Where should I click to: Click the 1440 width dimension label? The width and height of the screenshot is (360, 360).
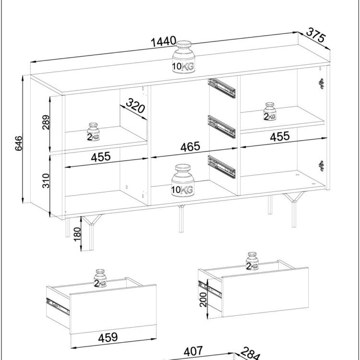click(164, 42)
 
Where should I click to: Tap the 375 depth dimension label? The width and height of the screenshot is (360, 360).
click(316, 35)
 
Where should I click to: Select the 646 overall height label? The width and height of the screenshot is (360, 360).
click(19, 143)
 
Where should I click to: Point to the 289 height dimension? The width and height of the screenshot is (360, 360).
click(46, 122)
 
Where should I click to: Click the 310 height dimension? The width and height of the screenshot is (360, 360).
click(46, 180)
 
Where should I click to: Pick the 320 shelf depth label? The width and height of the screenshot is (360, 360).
click(135, 106)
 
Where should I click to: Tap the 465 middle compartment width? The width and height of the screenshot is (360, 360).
click(190, 147)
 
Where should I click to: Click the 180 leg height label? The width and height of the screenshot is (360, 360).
click(77, 234)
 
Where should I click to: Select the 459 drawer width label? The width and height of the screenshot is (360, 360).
click(108, 337)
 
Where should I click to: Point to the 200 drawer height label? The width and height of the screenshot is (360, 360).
click(203, 300)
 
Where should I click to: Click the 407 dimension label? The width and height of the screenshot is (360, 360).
click(193, 351)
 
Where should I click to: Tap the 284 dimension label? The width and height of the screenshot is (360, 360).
click(251, 354)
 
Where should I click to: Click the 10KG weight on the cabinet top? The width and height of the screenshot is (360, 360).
click(183, 57)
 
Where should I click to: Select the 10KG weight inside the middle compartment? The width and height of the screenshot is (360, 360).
click(183, 180)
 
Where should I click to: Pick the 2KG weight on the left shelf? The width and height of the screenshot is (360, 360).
click(93, 132)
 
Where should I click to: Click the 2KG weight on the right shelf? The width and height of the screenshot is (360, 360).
click(270, 111)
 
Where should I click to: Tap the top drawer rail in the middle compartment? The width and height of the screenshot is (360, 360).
click(222, 88)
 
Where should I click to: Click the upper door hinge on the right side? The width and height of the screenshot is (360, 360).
click(322, 84)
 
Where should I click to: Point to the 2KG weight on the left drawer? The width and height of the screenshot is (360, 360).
click(100, 278)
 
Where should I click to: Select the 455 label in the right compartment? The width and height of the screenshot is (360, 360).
click(280, 136)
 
